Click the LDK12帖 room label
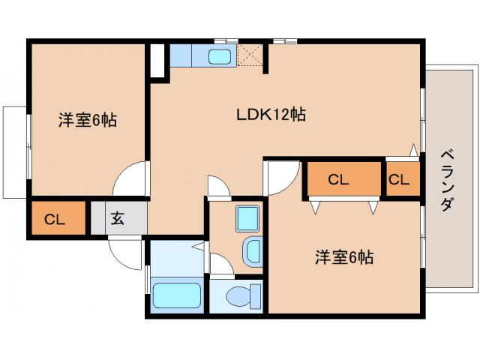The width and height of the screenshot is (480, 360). point(271,115)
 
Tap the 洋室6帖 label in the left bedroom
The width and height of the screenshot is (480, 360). point(88,120)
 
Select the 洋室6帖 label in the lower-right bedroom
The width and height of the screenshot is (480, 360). point(343,257)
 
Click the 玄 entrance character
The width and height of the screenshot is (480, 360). point(118,219)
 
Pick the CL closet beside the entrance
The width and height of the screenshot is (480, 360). point(57,219)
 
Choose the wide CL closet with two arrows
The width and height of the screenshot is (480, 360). point(338,179)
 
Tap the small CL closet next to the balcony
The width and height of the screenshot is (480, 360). point(399,179)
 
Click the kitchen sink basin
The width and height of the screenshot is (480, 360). point(220,55)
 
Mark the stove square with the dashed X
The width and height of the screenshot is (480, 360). point(250,56)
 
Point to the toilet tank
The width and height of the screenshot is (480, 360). point(254,295)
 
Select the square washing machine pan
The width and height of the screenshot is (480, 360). point(246,218)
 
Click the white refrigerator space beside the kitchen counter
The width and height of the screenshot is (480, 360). point(157,60)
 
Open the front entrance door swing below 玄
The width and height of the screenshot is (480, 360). point(126,252)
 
